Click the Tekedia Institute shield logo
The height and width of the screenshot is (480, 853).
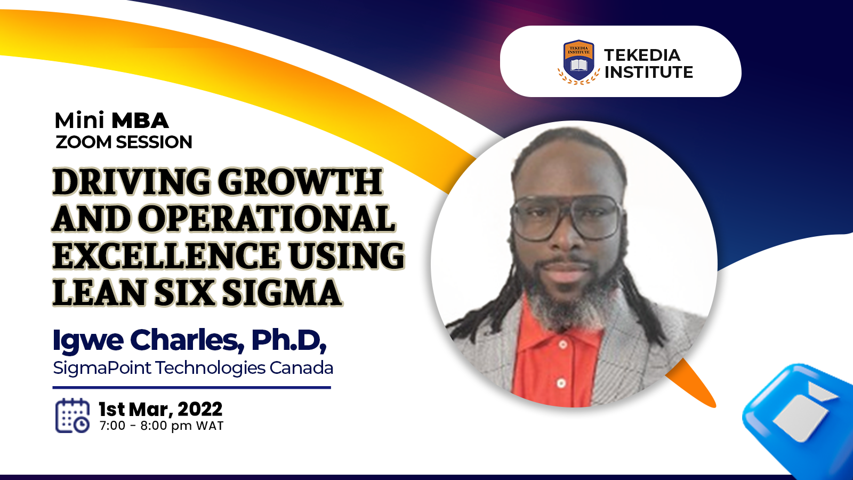coord(578,62)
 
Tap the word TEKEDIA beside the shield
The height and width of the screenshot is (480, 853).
coord(642,55)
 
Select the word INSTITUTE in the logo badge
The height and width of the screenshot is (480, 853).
coord(648,72)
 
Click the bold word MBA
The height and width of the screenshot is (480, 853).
coord(140,121)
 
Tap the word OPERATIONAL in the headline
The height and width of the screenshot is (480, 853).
coord(267,219)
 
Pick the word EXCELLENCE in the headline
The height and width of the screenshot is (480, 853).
coord(166,255)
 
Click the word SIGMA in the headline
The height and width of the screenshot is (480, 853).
coord(281,292)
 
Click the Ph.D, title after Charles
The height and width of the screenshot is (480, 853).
coord(288,340)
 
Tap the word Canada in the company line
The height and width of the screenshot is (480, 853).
coord(301,368)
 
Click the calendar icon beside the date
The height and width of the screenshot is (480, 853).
coord(73,415)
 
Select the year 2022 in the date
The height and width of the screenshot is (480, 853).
coord(200,410)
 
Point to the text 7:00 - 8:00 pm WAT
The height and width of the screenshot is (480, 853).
coord(162,426)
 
